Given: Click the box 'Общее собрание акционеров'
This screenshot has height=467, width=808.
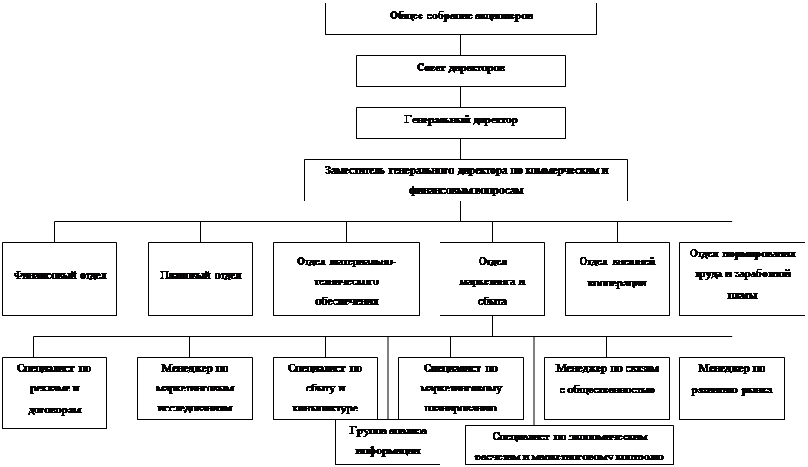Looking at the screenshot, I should (x=460, y=18).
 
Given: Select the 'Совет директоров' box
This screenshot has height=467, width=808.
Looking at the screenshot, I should (x=460, y=69).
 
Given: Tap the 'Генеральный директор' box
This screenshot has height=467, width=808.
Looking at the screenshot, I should (x=460, y=122).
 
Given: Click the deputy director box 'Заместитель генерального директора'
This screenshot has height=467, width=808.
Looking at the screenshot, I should (x=466, y=180).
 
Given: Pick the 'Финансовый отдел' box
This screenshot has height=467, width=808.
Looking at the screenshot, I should (x=59, y=278).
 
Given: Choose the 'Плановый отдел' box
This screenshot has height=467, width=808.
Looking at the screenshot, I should (x=200, y=278).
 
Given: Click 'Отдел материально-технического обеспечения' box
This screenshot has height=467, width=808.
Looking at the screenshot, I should (x=346, y=278).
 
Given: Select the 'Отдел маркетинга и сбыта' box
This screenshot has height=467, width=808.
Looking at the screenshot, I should (x=492, y=278).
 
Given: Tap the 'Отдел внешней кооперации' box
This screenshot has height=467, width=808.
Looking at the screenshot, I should (x=617, y=278).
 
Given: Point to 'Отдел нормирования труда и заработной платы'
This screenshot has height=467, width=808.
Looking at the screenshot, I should (x=743, y=278).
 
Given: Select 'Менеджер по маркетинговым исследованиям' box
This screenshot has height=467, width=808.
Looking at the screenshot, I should (x=195, y=387).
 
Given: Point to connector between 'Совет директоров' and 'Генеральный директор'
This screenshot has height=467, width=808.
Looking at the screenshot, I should (x=460, y=96).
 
